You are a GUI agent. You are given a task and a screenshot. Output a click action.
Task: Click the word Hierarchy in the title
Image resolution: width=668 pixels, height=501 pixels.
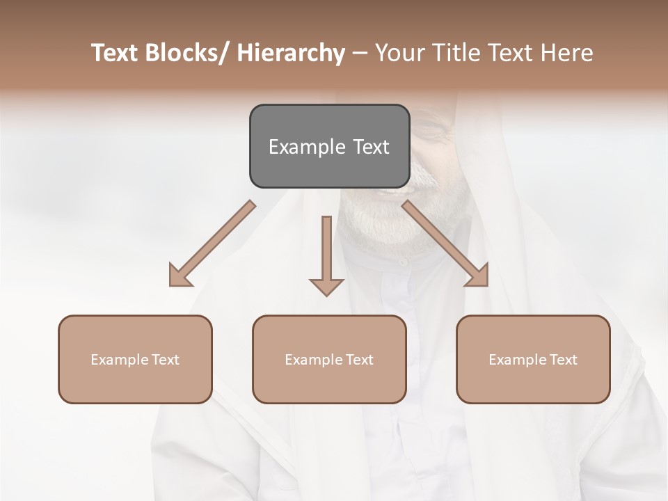pos(291,54)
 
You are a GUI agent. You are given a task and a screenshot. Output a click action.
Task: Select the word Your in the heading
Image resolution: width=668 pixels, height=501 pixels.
pos(397,54)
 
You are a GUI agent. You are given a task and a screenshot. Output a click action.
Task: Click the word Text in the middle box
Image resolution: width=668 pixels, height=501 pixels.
pos(359,360)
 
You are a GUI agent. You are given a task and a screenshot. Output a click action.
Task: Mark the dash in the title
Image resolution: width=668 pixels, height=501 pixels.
pos(360,54)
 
